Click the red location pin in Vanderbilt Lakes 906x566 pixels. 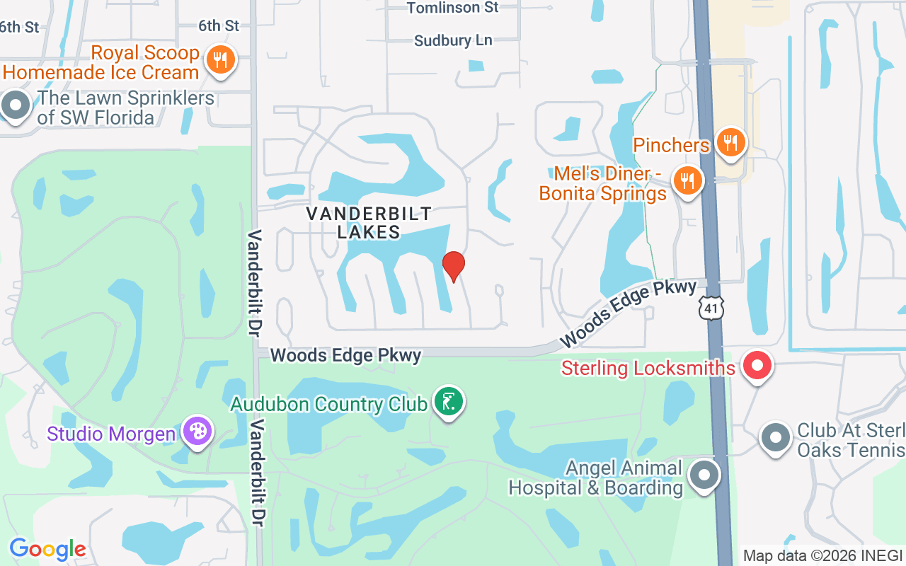pos(453,266)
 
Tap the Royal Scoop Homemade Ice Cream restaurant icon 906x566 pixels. pos(220,60)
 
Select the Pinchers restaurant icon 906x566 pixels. pos(730,143)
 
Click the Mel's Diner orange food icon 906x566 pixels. pos(686,180)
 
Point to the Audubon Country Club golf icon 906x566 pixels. pos(448,402)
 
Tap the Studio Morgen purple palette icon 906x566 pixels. pos(196,431)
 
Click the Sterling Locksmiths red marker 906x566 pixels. pos(757,366)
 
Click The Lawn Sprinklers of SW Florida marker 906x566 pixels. pos(16,106)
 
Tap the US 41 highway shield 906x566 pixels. pos(711,308)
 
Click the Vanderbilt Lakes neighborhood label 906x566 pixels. pos(369,222)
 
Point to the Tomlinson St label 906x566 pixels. pos(453,8)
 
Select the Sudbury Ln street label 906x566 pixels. pos(453,40)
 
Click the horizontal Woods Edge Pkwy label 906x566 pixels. pos(345,355)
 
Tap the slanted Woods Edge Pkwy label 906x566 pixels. pos(629,313)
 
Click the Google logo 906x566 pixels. pos(47,548)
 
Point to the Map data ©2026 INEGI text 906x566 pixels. pos(822,555)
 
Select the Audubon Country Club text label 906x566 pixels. pos(329,404)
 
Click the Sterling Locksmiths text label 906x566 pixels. pos(648,368)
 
